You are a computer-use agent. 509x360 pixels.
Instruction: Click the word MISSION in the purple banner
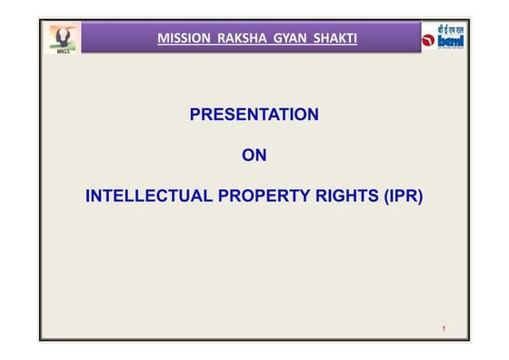(x=180, y=38)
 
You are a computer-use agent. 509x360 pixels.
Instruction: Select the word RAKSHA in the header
(x=234, y=38)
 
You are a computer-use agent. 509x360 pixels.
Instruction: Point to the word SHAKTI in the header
(x=331, y=38)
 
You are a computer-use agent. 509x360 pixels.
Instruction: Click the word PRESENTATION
(x=254, y=115)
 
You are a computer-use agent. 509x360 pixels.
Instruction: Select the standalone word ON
(x=254, y=155)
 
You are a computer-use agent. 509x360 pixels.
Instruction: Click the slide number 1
(x=443, y=327)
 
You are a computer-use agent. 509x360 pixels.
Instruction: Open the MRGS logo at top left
(x=64, y=39)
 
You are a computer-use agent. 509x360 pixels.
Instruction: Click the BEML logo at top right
(x=443, y=37)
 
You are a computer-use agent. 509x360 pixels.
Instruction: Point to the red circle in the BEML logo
(x=428, y=41)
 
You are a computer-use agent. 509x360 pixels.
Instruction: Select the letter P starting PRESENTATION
(x=195, y=115)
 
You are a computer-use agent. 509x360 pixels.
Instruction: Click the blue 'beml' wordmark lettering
(x=451, y=42)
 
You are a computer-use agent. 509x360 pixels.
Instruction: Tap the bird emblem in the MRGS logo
(x=64, y=35)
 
